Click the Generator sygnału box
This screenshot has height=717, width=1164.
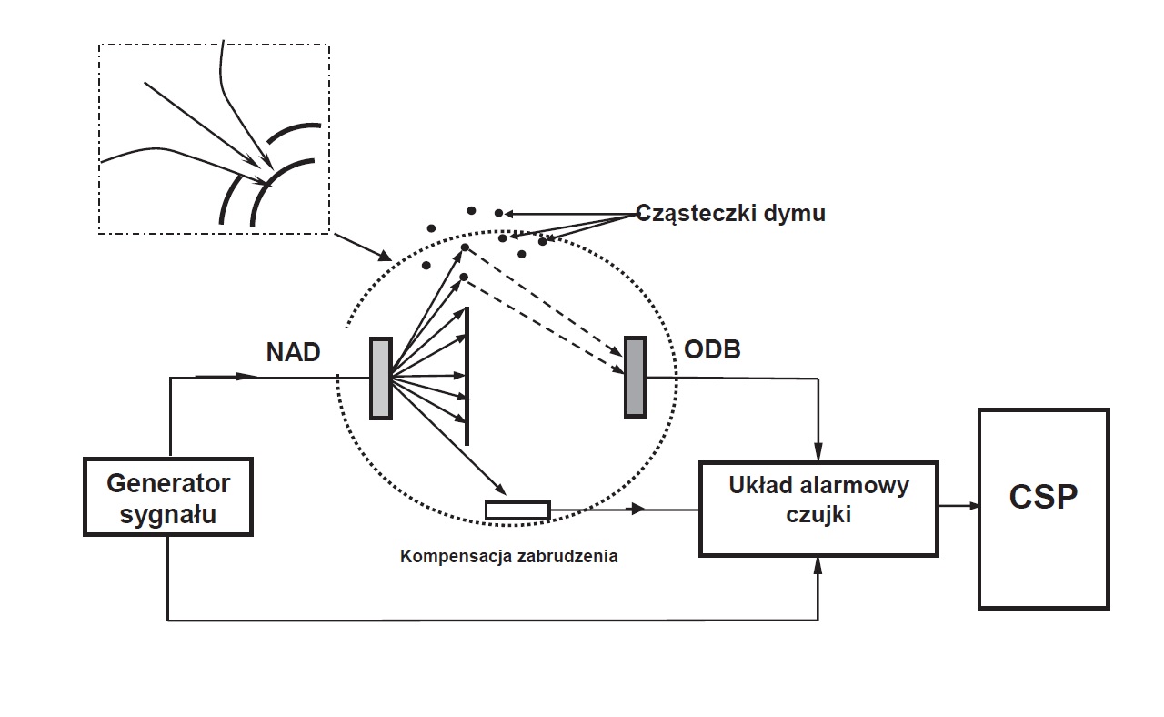pos(167,497)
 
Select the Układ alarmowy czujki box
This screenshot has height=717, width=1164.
pos(818,508)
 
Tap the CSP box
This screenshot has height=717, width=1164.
pos(1043,508)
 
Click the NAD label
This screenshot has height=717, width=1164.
pos(293,353)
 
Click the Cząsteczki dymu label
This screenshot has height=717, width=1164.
pos(730,214)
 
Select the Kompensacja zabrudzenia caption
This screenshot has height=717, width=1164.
pos(508,556)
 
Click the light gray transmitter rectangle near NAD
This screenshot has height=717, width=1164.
pos(380,378)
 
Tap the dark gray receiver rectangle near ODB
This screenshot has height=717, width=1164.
pos(635,377)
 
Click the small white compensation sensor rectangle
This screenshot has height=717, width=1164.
pos(517,510)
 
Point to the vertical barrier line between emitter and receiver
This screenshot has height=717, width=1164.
pos(467,375)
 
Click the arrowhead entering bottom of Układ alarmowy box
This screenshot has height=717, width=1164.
pos(818,566)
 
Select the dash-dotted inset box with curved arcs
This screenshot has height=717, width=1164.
pos(213,138)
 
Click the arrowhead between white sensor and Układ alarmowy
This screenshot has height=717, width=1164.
pos(638,510)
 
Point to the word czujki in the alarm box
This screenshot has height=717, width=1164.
pos(818,516)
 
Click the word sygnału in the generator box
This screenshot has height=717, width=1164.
pos(167,514)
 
